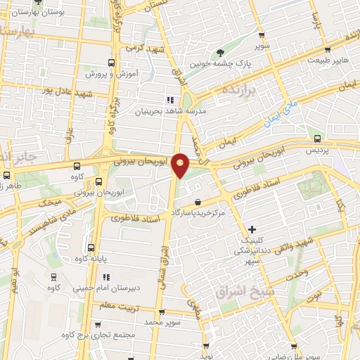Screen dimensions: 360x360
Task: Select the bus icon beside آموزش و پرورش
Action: pyautogui.click(x=110, y=62)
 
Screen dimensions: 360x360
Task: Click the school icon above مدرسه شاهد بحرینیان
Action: pyautogui.click(x=169, y=99)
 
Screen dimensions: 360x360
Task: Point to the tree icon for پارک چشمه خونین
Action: pyautogui.click(x=220, y=51)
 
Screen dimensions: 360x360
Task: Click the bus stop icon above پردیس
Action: pyautogui.click(x=318, y=139)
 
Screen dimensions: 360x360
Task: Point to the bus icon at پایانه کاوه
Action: pyautogui.click(x=91, y=247)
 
